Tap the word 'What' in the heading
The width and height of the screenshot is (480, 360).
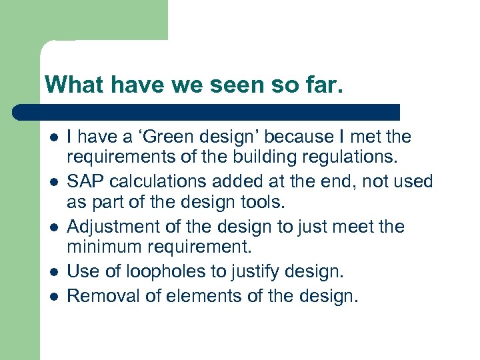(71, 85)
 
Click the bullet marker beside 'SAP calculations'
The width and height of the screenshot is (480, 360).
(53, 182)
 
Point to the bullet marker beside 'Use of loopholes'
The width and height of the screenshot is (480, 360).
(53, 273)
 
